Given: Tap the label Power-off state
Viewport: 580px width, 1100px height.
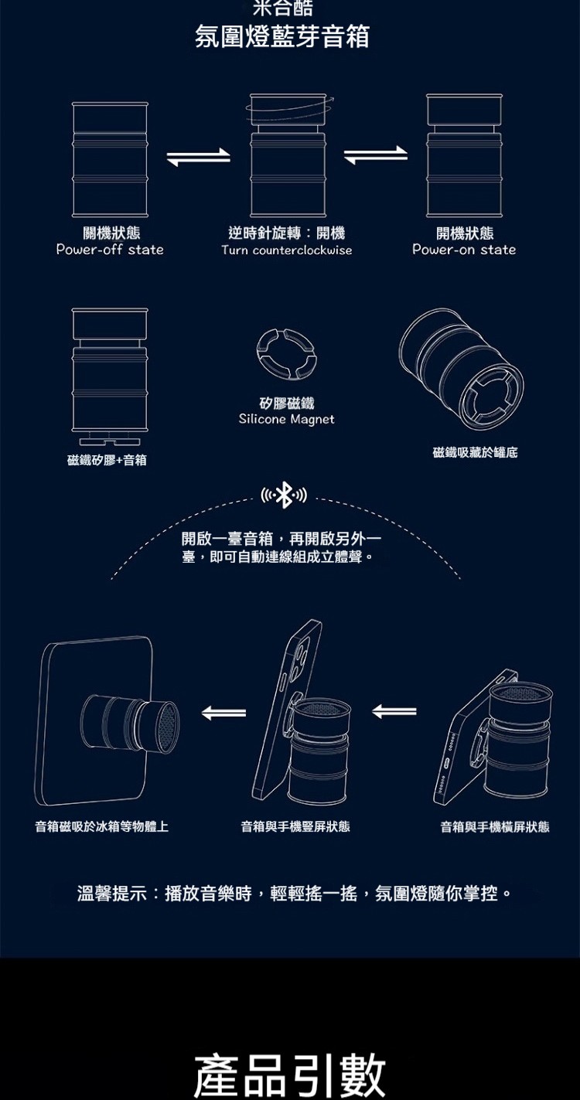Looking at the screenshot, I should (x=110, y=250).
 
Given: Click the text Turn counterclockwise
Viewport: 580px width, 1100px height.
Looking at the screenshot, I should (x=286, y=250).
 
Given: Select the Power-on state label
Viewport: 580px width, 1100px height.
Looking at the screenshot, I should (x=464, y=250).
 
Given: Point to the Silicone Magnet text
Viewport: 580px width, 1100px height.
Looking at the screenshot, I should (x=286, y=419).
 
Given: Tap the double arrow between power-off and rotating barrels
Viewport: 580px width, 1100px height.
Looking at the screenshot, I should (x=199, y=156).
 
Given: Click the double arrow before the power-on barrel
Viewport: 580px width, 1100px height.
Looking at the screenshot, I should (x=375, y=155).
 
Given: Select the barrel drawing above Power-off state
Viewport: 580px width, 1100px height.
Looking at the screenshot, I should (x=110, y=159).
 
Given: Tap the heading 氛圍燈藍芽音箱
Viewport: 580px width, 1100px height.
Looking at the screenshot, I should (x=281, y=36).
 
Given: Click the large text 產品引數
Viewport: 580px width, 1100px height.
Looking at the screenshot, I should (x=289, y=1074).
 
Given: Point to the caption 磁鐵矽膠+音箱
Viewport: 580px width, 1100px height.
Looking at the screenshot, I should (x=107, y=461).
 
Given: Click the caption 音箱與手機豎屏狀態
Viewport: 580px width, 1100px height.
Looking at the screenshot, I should (x=295, y=827).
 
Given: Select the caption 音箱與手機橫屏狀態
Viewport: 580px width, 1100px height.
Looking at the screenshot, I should (x=495, y=827).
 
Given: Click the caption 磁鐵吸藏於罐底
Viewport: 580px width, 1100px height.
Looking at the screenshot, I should (x=475, y=452).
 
